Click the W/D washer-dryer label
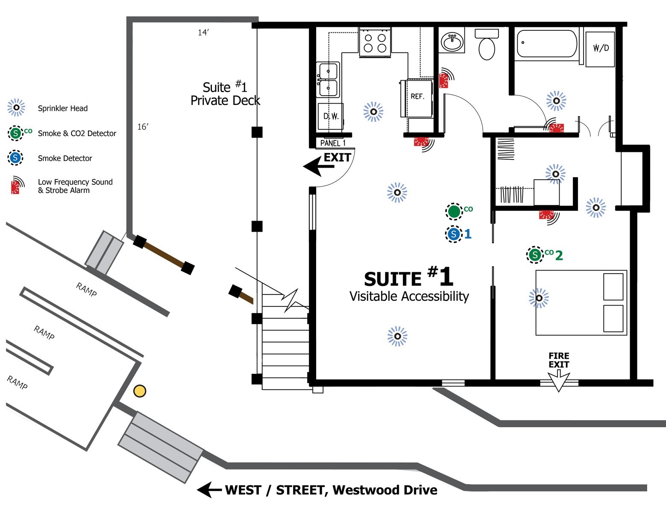pos(601,48)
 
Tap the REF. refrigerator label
pos(417,96)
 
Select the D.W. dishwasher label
pos(331,116)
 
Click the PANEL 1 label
pos(333,143)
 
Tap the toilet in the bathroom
pos(487,45)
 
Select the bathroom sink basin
pos(452,42)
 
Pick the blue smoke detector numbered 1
pos(454,234)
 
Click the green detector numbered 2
pos(534,255)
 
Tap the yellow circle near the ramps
pos(140,391)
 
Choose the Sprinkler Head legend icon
pos(16,108)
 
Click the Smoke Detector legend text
pos(65,158)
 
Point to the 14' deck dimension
pos(203,32)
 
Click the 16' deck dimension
pos(143,127)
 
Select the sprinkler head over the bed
pos(539,298)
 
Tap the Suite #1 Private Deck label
pos(225,94)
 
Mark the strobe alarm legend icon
pos(16,186)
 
